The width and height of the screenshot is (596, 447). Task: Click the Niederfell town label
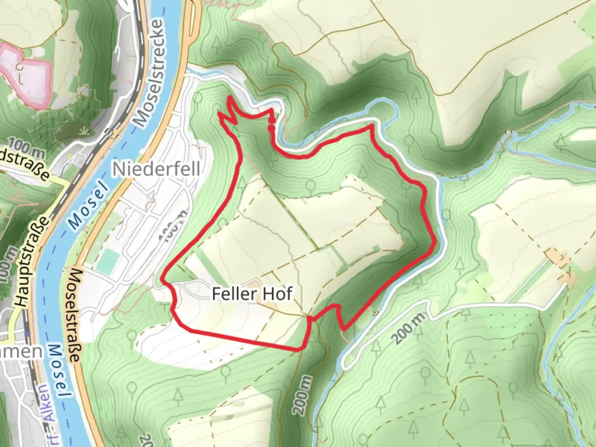pyautogui.click(x=156, y=169)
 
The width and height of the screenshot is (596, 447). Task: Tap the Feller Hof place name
pyautogui.click(x=252, y=294)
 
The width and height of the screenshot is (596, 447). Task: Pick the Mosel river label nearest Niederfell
pyautogui.click(x=87, y=207)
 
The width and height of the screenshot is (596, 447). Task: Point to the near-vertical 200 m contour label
pyautogui.click(x=302, y=395)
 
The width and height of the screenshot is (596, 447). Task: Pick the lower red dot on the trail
pyautogui.click(x=271, y=128)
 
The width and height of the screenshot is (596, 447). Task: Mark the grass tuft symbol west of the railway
pyautogui.click(x=85, y=131)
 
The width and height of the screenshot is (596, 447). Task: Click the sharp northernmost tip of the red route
pyautogui.click(x=229, y=97)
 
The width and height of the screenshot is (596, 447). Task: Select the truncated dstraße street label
pyautogui.click(x=25, y=166)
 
